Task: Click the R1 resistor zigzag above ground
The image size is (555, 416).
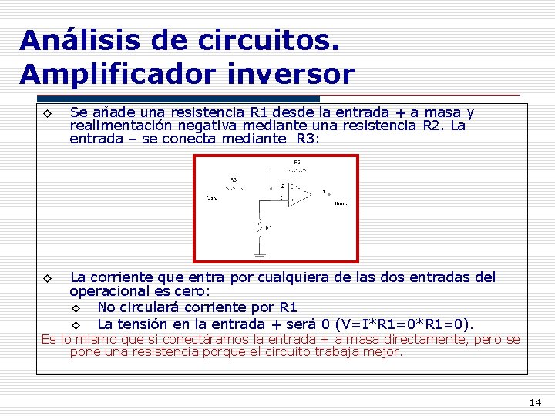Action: click(x=261, y=226)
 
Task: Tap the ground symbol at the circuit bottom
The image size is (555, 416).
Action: click(x=261, y=256)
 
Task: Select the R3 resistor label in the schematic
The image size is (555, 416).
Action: click(x=233, y=179)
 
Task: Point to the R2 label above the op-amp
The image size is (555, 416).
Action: click(x=297, y=163)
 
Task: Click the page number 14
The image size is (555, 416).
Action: click(x=536, y=402)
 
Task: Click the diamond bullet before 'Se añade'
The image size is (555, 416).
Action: click(x=47, y=114)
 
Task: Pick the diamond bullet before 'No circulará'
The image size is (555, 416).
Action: click(x=76, y=308)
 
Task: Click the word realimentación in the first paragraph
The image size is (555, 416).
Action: click(x=121, y=126)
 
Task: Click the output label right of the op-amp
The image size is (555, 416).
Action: click(x=340, y=203)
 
